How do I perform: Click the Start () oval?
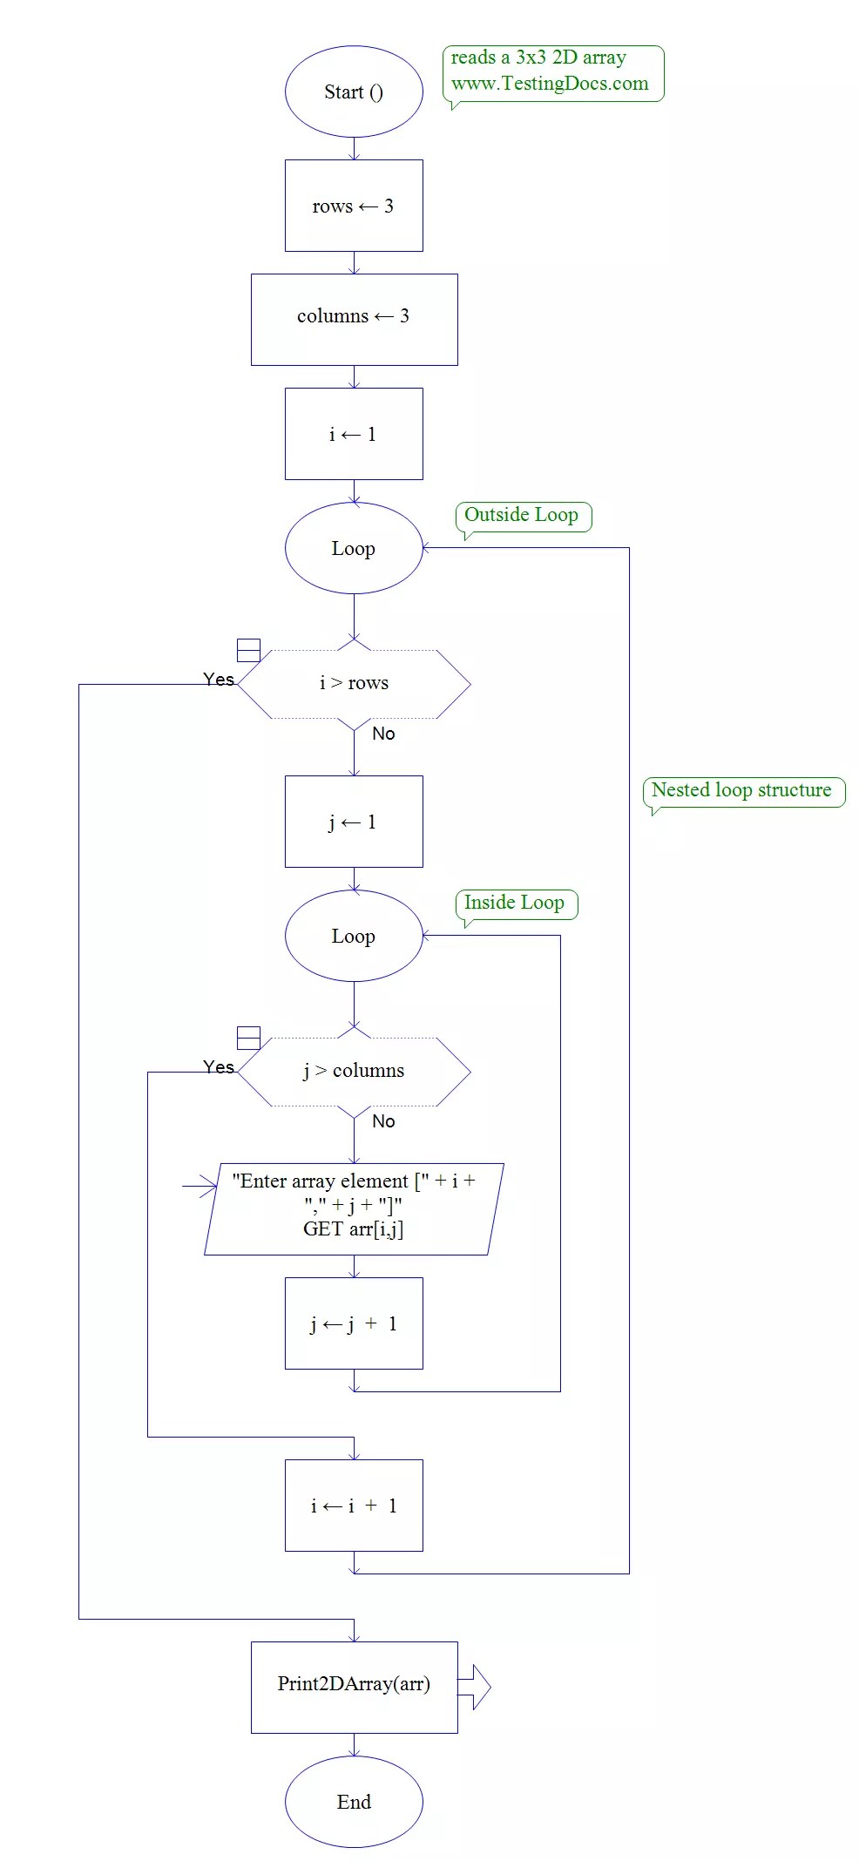[x=354, y=91]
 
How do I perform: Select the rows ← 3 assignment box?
[x=354, y=206]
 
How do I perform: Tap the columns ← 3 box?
[x=354, y=319]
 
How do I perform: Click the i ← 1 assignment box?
[x=354, y=434]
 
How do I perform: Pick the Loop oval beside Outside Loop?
[x=354, y=548]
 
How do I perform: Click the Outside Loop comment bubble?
[x=523, y=516]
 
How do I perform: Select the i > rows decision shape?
[x=354, y=684]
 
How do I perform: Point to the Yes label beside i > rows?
[x=219, y=680]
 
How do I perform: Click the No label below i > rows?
[x=383, y=734]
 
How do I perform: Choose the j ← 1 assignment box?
[x=354, y=822]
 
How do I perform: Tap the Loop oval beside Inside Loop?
[x=354, y=936]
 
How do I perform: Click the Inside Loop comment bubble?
[x=516, y=903]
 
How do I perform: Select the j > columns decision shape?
[x=354, y=1072]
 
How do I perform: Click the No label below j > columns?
[x=383, y=1121]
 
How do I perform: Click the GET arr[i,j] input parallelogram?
[x=354, y=1208]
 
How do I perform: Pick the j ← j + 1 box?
[x=354, y=1323]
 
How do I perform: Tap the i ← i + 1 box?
[x=354, y=1506]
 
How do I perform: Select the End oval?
[x=354, y=1802]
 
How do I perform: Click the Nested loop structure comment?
[x=742, y=791]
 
